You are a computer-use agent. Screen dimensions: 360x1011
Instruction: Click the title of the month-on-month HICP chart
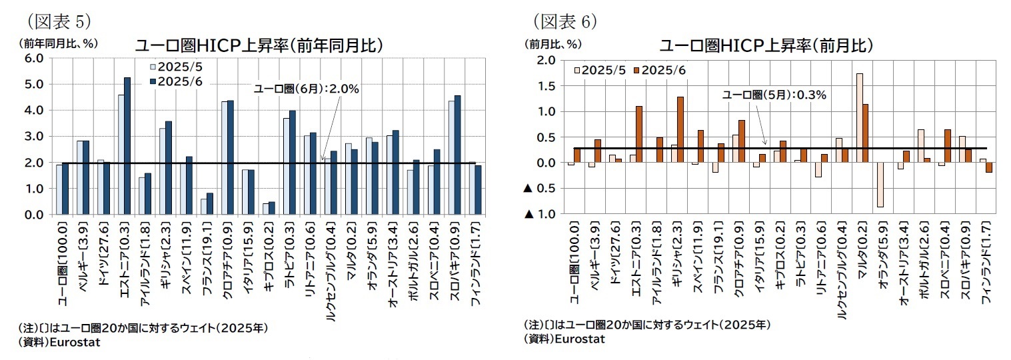[766, 45]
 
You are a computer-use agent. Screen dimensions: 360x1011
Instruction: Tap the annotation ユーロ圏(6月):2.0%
[307, 88]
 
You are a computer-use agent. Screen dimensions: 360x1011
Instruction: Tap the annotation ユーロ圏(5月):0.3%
[774, 95]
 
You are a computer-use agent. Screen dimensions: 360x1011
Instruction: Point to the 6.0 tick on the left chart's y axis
[33, 58]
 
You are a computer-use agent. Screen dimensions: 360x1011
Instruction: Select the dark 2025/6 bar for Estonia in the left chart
[127, 146]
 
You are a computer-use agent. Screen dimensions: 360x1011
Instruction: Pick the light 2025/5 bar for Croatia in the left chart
[225, 158]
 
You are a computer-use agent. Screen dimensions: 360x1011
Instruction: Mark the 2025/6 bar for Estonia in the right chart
[638, 135]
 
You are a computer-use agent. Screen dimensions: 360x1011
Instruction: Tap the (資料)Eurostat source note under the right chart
[564, 339]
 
